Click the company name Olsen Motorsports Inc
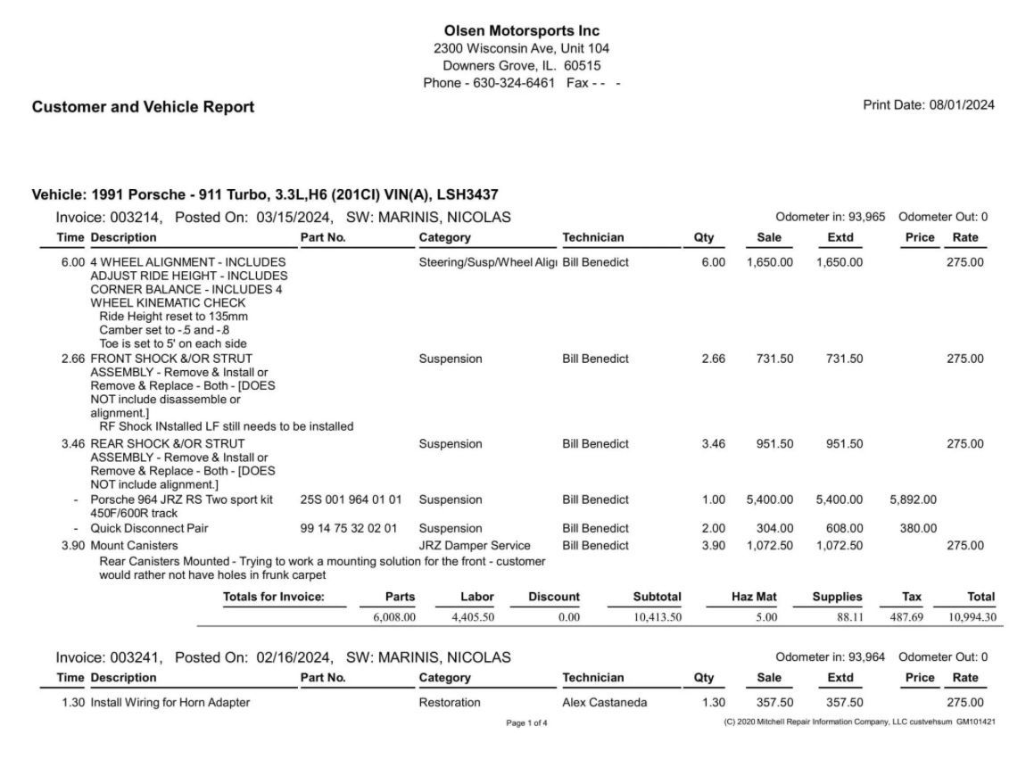[521, 31]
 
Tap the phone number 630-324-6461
[514, 82]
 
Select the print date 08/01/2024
[961, 105]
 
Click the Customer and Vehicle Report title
[143, 107]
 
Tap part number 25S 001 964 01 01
[351, 499]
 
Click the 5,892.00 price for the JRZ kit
[913, 499]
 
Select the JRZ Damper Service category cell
[475, 545]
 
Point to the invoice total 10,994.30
[972, 616]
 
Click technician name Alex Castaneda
[605, 703]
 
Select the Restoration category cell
[450, 703]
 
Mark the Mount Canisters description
[134, 545]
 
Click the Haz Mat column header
[754, 597]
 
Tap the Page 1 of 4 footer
[527, 722]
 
